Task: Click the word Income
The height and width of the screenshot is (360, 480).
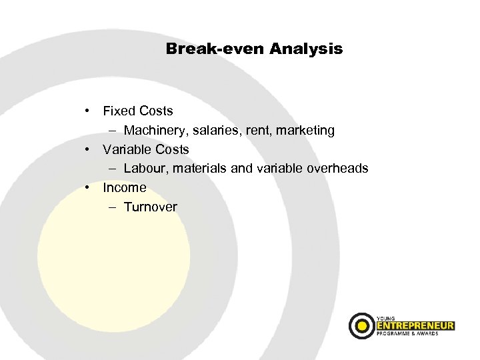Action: click(x=125, y=187)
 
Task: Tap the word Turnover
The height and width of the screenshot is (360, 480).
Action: click(x=150, y=207)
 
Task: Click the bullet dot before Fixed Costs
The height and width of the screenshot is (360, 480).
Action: click(x=87, y=111)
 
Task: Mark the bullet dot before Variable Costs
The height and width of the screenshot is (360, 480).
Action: click(x=87, y=149)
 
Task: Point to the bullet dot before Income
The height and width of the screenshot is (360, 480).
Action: click(x=87, y=187)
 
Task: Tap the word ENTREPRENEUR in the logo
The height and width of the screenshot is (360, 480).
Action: click(x=415, y=325)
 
